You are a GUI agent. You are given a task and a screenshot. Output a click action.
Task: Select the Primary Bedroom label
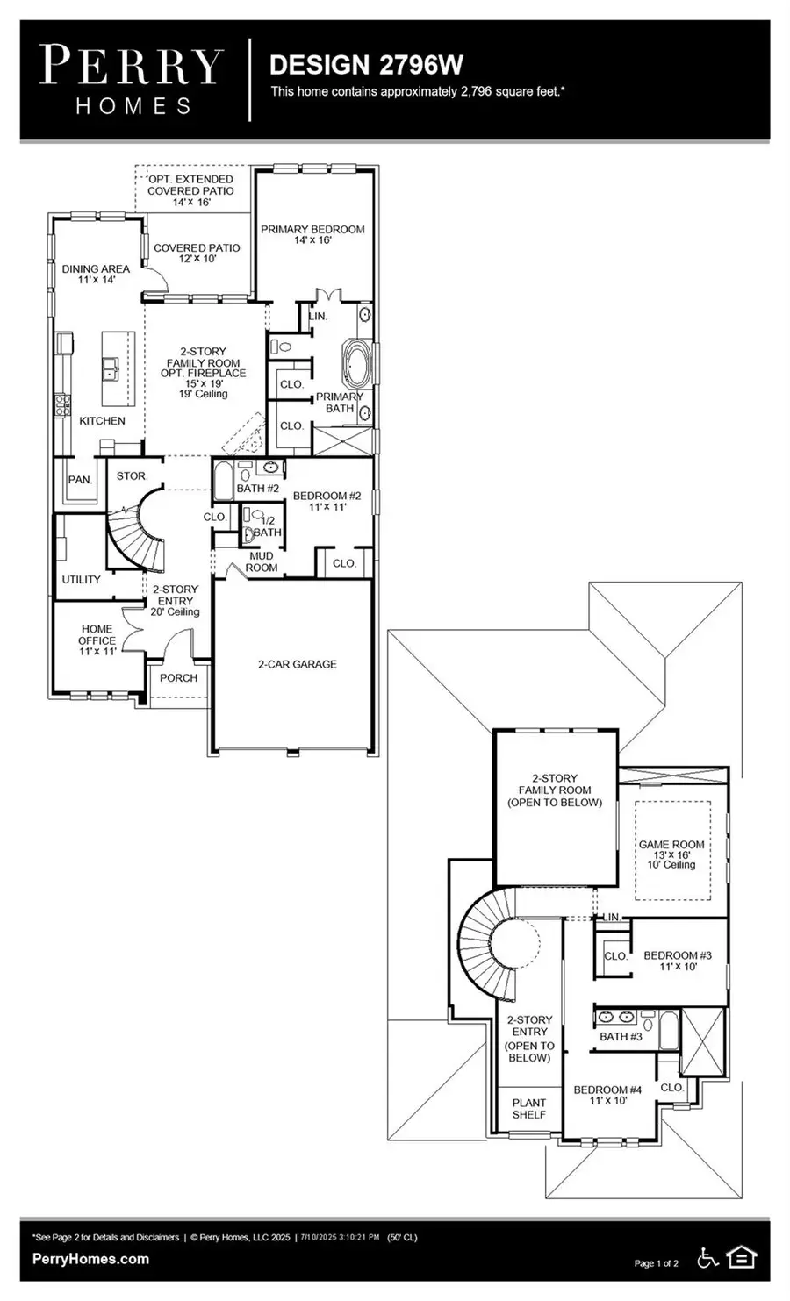tap(312, 234)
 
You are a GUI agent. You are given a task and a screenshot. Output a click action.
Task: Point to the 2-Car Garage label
tap(297, 664)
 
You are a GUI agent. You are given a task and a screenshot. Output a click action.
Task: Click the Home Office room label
tap(97, 640)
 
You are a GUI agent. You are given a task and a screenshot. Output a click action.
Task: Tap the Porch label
tap(178, 678)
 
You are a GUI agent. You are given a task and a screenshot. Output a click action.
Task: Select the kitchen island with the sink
tap(118, 368)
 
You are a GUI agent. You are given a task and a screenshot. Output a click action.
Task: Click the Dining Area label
tap(96, 275)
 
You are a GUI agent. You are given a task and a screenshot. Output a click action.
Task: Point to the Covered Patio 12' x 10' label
tap(197, 254)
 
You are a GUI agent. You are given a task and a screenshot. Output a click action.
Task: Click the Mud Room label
tap(261, 561)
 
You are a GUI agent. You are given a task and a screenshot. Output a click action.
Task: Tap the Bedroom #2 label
tap(327, 501)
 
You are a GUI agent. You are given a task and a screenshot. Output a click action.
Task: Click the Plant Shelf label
tap(528, 1108)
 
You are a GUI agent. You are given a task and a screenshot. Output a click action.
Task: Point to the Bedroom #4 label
tap(607, 1095)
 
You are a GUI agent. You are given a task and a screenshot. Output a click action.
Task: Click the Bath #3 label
tap(621, 1036)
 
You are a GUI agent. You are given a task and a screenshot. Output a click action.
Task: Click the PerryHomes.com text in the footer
tap(90, 1259)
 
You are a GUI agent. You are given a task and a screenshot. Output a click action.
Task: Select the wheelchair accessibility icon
tap(706, 1258)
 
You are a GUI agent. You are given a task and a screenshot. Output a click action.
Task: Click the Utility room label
tap(81, 579)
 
